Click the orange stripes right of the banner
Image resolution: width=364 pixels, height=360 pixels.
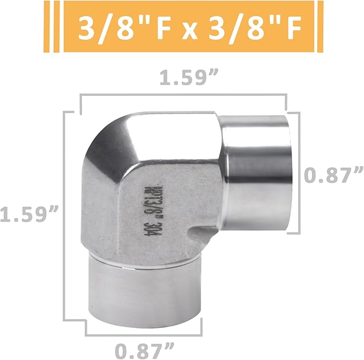pos(316,27)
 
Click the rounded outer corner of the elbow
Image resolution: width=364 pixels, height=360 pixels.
pos(105,145)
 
